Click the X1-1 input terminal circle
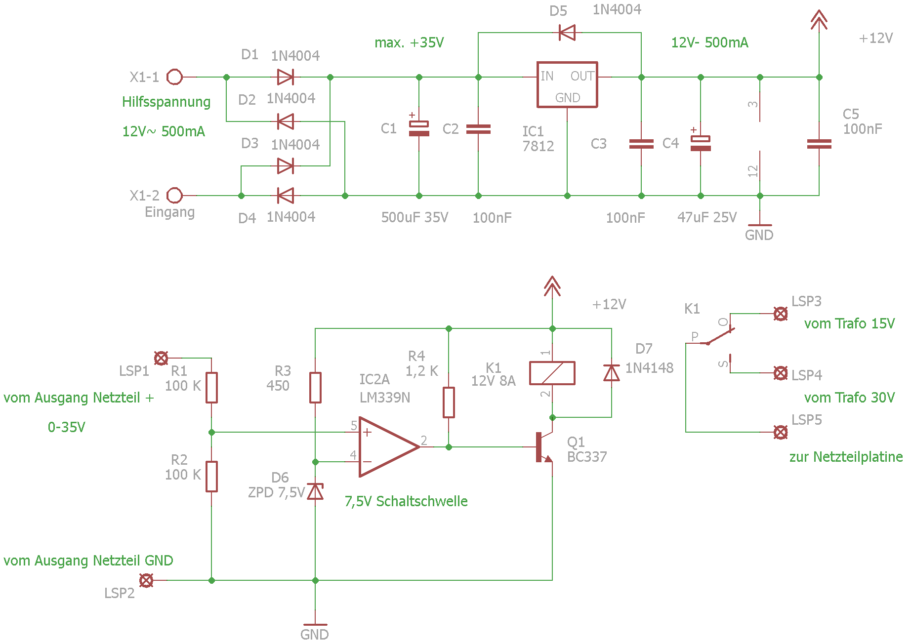[x=174, y=77]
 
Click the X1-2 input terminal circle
[x=174, y=196]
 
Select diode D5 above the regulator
[x=567, y=33]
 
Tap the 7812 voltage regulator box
[x=567, y=84]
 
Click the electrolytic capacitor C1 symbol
[x=419, y=128]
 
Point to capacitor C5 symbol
[x=819, y=144]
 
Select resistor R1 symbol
[x=211, y=388]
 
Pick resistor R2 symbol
[x=211, y=477]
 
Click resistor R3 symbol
[x=315, y=388]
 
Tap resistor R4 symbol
[x=449, y=402]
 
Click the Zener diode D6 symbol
[x=315, y=491]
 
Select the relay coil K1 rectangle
[x=552, y=373]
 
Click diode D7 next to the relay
[x=612, y=373]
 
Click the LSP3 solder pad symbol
[x=781, y=314]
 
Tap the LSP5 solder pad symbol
[x=781, y=432]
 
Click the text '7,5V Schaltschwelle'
[x=406, y=501]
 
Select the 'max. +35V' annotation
[x=409, y=42]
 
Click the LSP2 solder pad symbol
[x=146, y=580]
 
